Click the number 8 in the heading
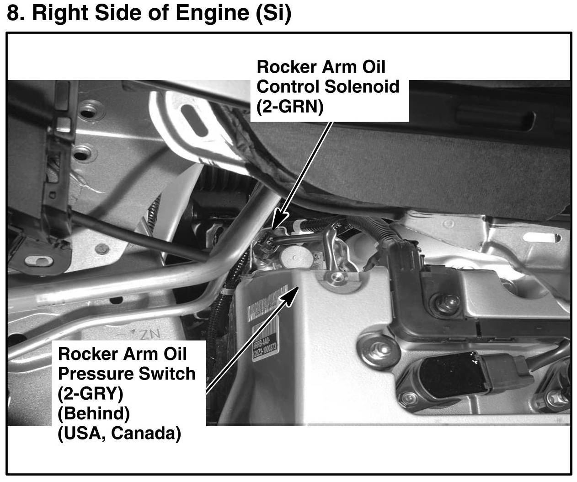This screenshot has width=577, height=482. pos(13,14)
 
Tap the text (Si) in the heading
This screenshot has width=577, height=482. pos(272,14)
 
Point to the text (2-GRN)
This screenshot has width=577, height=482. pos(289,107)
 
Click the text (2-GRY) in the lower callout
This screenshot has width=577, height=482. pos(91,393)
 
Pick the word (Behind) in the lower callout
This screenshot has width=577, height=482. pos(94,413)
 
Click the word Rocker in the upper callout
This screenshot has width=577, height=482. pos(286,67)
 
